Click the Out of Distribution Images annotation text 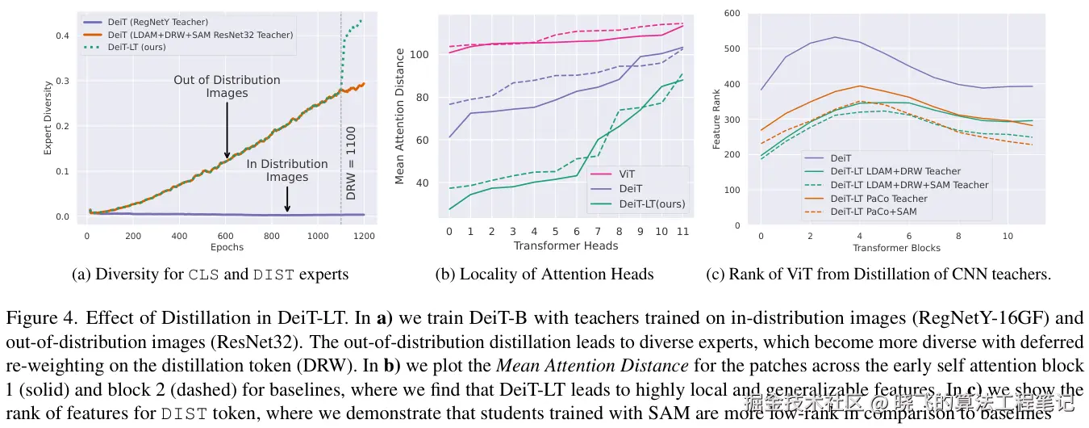(227, 86)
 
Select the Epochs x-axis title (227, 247)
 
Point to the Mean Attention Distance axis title (400, 116)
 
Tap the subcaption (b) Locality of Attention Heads (544, 275)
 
